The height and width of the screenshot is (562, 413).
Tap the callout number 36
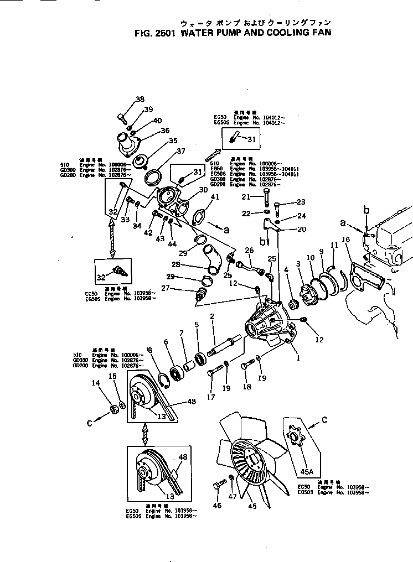pyautogui.click(x=165, y=131)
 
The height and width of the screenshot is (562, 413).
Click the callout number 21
pyautogui.click(x=246, y=196)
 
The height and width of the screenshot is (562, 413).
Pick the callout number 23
pyautogui.click(x=301, y=202)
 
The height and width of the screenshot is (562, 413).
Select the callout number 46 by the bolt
pyautogui.click(x=216, y=505)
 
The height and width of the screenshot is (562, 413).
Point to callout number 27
pyautogui.click(x=181, y=288)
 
